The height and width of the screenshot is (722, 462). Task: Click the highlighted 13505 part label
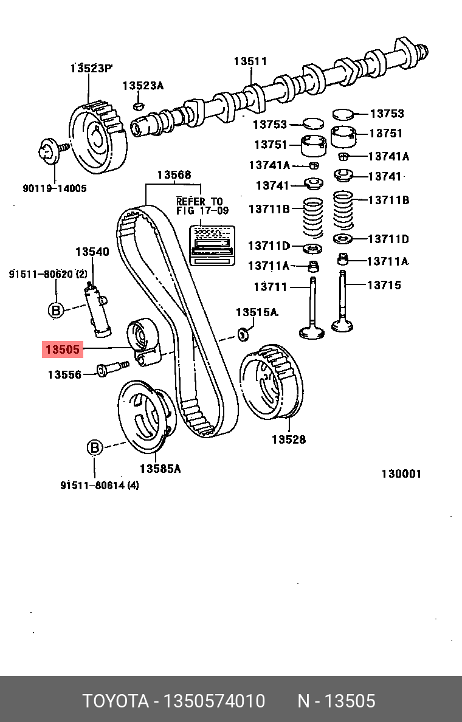click(62, 349)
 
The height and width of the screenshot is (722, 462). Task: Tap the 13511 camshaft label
click(250, 61)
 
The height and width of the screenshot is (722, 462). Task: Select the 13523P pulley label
click(91, 67)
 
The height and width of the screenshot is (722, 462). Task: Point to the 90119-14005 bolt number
click(55, 188)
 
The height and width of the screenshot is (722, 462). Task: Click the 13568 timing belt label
click(174, 175)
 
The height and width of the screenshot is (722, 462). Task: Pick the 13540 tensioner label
click(92, 252)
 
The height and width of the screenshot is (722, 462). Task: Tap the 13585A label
click(160, 469)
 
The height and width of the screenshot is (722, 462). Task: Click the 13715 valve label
click(384, 284)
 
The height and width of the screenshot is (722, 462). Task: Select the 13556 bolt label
click(64, 375)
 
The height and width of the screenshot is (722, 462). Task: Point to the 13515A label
click(257, 312)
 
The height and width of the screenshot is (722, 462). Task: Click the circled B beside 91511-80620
click(55, 311)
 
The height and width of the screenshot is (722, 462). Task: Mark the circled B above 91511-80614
click(94, 448)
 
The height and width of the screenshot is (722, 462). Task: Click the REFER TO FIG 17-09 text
click(199, 206)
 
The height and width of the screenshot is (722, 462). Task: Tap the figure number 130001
click(401, 474)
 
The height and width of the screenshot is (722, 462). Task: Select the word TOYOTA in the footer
click(115, 701)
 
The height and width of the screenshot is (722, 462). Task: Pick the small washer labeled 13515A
click(244, 332)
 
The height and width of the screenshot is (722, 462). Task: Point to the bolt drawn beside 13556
click(112, 368)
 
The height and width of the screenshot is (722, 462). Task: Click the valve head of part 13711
click(312, 331)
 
